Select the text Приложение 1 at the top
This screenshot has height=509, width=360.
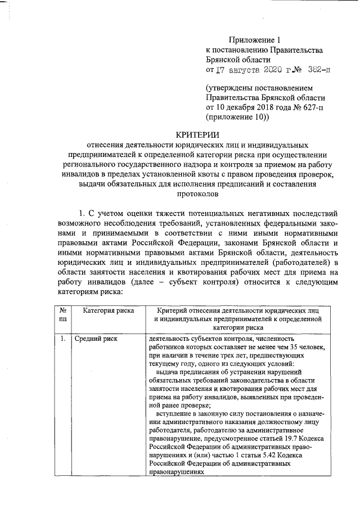(x=254, y=39)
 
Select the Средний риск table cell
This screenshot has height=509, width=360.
(x=93, y=340)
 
